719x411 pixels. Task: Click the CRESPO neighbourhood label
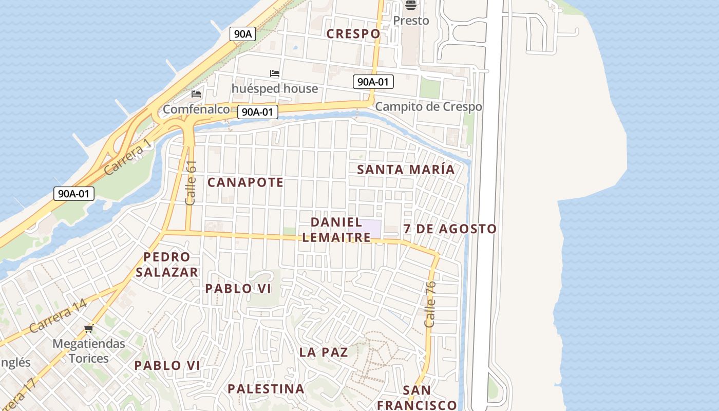tap(354, 34)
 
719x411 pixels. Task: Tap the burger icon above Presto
tap(410, 5)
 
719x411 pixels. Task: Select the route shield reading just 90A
tap(242, 34)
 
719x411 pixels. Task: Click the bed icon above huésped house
tap(275, 73)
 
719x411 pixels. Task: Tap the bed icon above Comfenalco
tap(196, 94)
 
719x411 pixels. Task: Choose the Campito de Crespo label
tap(428, 106)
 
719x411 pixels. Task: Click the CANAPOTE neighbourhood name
tap(245, 182)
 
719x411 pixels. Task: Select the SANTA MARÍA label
tap(406, 170)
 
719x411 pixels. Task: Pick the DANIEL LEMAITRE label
tap(336, 230)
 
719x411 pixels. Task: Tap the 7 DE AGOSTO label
tap(450, 229)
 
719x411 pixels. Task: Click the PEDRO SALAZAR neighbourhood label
tap(167, 265)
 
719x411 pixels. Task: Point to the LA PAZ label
tap(324, 352)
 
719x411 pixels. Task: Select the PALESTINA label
tap(266, 389)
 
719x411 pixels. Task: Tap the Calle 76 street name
tap(430, 304)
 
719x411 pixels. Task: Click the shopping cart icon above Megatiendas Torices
tap(89, 328)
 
